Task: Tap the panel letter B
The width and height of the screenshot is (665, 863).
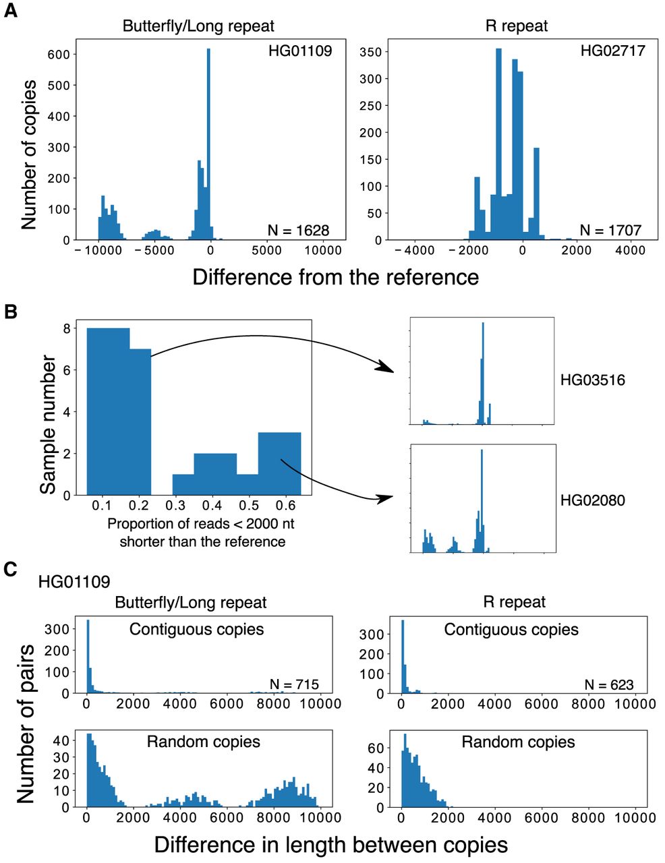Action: (x=10, y=311)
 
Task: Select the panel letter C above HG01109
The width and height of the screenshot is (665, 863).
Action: (x=10, y=569)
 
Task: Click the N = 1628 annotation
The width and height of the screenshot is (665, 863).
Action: (x=298, y=230)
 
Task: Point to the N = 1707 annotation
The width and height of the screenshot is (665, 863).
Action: (x=610, y=230)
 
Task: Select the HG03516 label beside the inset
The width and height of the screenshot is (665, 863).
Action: (x=593, y=380)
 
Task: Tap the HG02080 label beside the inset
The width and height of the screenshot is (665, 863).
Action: (x=593, y=500)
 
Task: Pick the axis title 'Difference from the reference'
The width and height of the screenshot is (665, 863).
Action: (x=335, y=276)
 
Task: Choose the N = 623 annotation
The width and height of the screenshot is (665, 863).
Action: (x=609, y=684)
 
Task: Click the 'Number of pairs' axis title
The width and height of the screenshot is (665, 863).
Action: (x=26, y=722)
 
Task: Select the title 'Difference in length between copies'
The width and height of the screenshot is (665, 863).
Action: (x=330, y=845)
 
